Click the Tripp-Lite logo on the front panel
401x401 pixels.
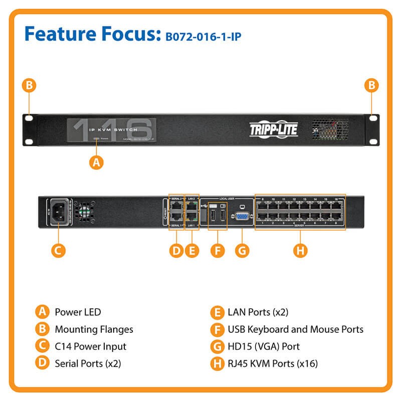click(x=274, y=130)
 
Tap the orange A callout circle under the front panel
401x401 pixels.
click(x=96, y=162)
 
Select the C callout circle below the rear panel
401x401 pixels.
click(x=59, y=250)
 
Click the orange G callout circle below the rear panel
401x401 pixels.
click(x=242, y=250)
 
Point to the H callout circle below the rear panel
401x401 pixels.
click(x=300, y=250)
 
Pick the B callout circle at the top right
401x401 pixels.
click(x=371, y=86)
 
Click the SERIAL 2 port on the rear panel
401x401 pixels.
click(x=177, y=206)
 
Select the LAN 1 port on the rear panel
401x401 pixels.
click(x=192, y=218)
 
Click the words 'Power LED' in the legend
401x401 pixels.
click(x=78, y=312)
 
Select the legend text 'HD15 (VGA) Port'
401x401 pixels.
click(x=264, y=346)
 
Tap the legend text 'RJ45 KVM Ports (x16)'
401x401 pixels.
click(x=273, y=363)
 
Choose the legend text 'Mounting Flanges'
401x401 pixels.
click(x=94, y=329)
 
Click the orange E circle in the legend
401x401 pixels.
click(x=217, y=312)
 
